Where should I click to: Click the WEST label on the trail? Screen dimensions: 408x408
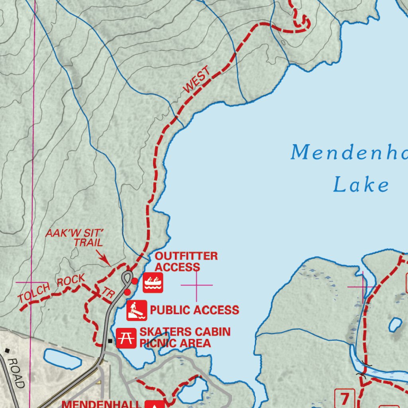196,80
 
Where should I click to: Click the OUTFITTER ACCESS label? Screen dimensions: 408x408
186,261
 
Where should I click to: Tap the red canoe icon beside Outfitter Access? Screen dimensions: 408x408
153,283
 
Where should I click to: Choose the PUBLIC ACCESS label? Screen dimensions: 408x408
194,310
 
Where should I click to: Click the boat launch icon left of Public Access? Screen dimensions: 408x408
137,310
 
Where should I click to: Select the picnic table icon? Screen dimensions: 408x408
126,338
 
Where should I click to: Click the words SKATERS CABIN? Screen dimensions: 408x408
185,331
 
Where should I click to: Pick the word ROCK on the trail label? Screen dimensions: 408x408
71,281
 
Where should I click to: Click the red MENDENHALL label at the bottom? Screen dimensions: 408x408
101,404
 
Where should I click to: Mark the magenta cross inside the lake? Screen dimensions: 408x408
197,285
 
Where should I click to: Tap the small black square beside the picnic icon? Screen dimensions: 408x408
110,341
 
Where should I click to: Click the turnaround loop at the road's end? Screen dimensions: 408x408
127,276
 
